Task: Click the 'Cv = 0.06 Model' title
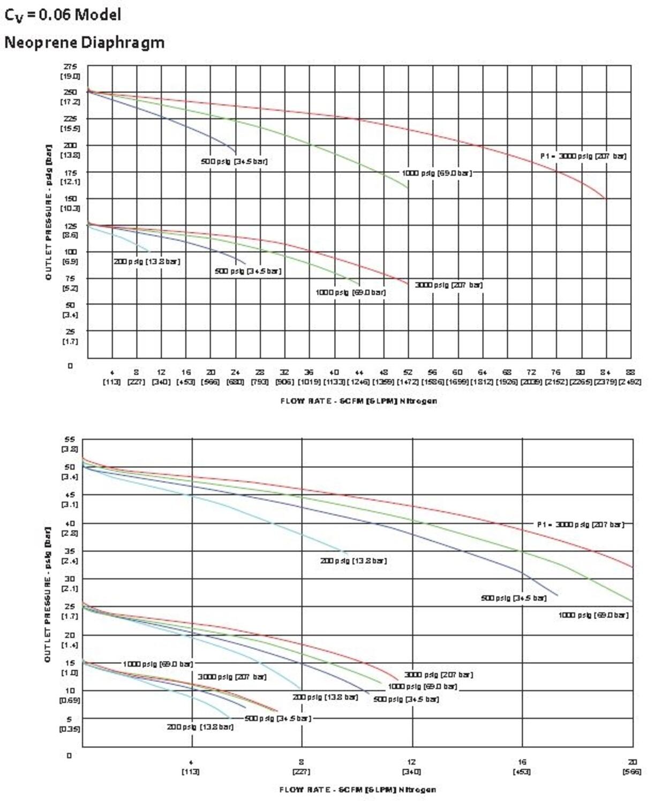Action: coord(63,15)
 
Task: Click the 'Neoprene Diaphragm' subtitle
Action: coord(84,42)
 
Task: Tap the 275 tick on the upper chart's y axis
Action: coord(70,66)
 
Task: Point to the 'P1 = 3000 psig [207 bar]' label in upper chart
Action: coord(583,156)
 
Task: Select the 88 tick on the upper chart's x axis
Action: coord(630,372)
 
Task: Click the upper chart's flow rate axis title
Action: coord(358,400)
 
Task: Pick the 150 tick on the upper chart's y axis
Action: coord(70,199)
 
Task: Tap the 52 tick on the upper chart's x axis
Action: coord(408,372)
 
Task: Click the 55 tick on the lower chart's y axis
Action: coord(70,439)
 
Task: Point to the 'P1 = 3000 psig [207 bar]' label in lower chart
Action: coord(581,525)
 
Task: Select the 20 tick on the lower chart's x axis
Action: coord(633,762)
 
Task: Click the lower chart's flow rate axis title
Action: coord(357,790)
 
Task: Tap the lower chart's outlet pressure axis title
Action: coord(48,594)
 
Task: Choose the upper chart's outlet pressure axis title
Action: coord(48,211)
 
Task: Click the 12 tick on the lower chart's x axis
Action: coord(411,762)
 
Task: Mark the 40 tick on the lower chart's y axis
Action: coord(70,523)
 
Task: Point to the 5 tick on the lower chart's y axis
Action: coord(69,719)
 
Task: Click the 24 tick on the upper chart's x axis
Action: coord(235,372)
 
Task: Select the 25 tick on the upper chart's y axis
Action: coord(70,331)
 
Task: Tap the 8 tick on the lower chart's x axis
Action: coord(302,762)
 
